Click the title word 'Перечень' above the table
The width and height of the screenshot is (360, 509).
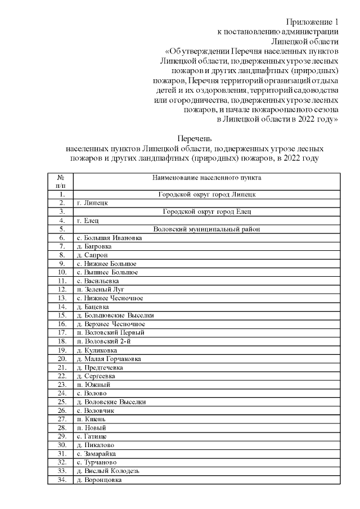click(195, 138)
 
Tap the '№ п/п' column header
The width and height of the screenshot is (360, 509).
click(61, 181)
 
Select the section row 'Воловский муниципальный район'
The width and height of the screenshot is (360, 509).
click(206, 229)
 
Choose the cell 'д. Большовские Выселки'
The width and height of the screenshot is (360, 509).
click(115, 315)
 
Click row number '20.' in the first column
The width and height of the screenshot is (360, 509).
click(61, 358)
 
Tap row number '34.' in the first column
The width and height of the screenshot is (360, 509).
click(61, 480)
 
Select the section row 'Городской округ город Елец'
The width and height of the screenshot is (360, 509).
click(206, 211)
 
